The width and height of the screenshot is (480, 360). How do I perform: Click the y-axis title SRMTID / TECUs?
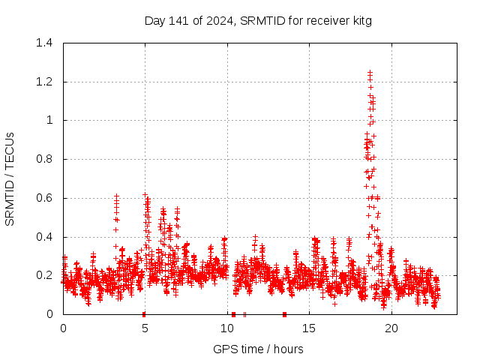coord(10,178)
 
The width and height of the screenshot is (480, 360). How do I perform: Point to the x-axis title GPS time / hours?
coord(258,349)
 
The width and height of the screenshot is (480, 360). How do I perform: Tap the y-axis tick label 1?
coord(49,120)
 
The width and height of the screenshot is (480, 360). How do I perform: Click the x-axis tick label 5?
coord(145,328)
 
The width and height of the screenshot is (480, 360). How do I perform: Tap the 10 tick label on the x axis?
coord(227,328)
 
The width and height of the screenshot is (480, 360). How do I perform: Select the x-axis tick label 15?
coord(310,328)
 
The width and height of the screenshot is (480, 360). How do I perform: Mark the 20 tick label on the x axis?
coord(391,328)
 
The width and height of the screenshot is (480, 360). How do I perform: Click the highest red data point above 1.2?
coord(370,73)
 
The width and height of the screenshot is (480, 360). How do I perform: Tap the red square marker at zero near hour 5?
coord(144,314)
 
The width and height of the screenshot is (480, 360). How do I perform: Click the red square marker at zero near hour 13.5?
coord(284,314)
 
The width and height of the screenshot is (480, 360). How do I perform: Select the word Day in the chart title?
coord(154,21)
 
